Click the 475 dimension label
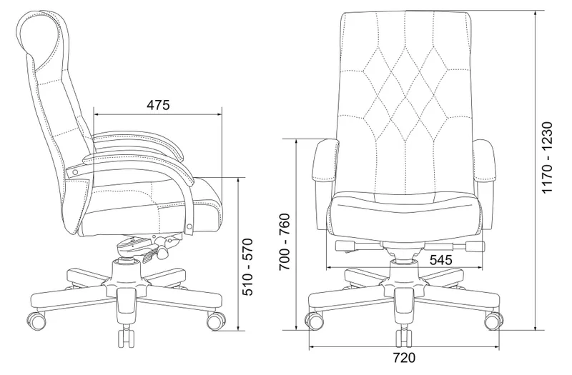158,105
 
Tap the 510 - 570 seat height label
247,266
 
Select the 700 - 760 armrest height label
285,241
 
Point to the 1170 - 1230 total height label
547,158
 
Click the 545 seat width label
440,260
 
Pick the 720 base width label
404,358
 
